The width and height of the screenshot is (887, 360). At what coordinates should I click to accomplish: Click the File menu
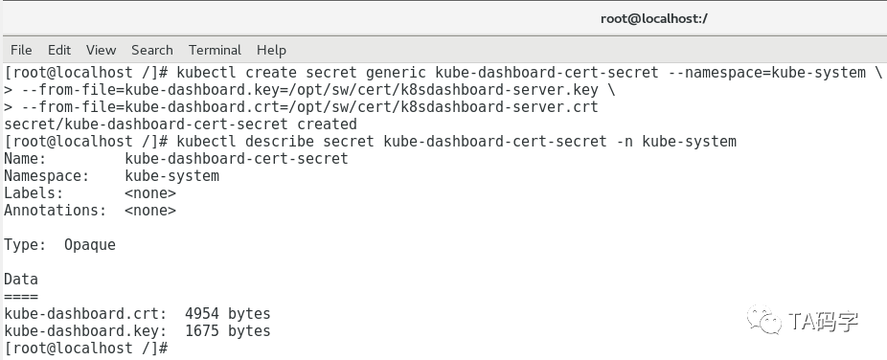click(21, 50)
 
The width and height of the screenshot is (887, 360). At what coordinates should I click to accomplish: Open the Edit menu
click(59, 50)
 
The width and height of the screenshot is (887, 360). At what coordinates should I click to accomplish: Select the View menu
click(101, 50)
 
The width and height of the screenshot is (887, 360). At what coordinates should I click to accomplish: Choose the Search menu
click(152, 50)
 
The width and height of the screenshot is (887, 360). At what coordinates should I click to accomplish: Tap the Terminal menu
click(215, 50)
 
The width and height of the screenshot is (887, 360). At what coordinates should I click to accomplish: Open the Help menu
click(271, 50)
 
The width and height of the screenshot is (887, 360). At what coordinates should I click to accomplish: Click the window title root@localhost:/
click(654, 18)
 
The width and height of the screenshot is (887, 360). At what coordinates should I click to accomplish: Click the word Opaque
click(90, 245)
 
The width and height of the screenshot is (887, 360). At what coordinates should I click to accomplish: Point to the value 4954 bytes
click(228, 314)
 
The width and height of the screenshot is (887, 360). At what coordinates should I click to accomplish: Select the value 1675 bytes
click(228, 331)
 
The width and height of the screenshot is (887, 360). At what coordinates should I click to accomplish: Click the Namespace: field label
click(46, 176)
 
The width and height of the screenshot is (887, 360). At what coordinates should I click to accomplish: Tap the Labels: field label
click(34, 193)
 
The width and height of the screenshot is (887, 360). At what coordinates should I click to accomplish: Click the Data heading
click(21, 280)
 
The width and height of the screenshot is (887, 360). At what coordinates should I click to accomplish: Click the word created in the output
click(327, 124)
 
